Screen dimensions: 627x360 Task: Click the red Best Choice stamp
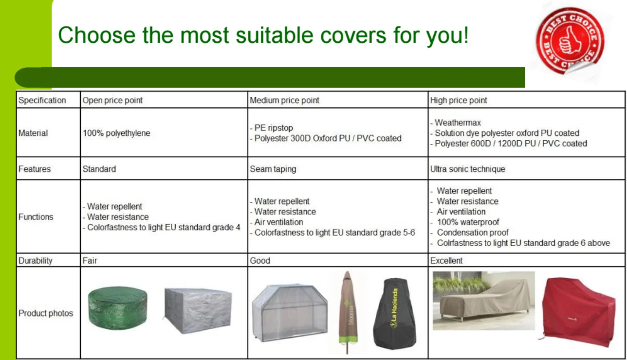570,41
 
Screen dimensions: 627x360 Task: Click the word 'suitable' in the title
275,35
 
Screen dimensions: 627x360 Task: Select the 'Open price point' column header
112,100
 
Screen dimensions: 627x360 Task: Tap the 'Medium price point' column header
284,100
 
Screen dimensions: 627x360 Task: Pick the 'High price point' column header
459,100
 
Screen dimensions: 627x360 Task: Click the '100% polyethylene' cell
116,133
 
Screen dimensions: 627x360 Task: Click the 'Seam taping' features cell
273,169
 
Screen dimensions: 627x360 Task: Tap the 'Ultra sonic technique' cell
467,169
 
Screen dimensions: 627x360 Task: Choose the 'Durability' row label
35,260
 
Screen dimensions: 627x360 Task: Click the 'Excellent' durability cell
446,260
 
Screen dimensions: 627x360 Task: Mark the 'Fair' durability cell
90,260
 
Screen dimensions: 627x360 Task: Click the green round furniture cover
118,307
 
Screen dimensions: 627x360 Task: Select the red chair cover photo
578,312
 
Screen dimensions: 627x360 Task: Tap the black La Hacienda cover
394,313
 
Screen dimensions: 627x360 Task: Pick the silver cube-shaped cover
198,310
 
